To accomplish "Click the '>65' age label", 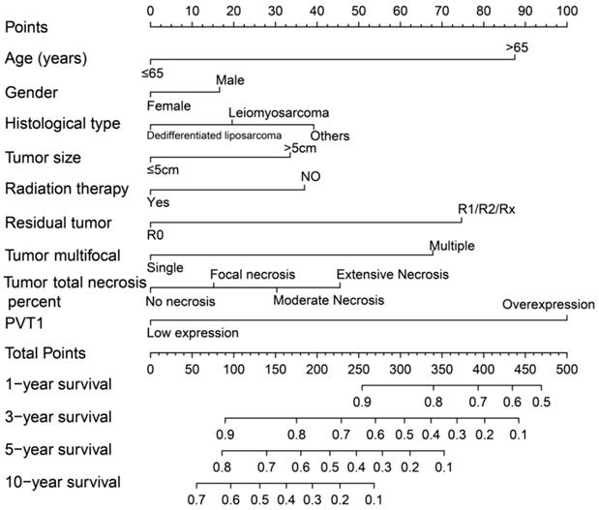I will click(515, 46).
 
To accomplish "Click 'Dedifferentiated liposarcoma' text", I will click(215, 135).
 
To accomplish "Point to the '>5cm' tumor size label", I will click(300, 148).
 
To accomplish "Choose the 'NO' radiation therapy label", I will click(310, 176).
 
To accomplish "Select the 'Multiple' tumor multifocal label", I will click(452, 246).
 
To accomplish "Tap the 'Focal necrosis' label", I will click(253, 275).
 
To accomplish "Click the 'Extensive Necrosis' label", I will click(393, 275).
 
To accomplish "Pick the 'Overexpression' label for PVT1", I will click(548, 305).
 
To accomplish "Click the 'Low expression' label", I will click(193, 333).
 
